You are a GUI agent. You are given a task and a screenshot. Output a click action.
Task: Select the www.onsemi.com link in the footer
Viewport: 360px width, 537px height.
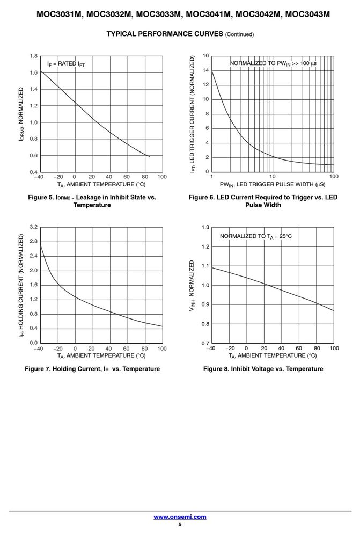(180, 517)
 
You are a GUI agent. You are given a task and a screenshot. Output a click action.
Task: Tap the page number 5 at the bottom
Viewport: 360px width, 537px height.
(180, 524)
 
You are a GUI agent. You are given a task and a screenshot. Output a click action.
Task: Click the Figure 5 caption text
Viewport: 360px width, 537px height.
(92, 201)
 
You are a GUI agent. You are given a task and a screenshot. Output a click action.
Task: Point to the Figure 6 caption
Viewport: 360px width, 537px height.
(263, 201)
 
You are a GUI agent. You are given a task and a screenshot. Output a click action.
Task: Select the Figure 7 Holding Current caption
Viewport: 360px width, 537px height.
(92, 369)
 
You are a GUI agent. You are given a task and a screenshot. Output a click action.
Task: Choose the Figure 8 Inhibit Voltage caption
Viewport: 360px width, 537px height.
(263, 369)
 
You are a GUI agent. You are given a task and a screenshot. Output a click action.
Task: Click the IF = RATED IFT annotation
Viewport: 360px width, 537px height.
(66, 64)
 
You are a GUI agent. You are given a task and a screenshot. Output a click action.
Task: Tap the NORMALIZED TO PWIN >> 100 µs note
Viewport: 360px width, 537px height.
(273, 63)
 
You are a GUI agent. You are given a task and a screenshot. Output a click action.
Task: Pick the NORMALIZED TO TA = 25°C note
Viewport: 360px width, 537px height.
(255, 236)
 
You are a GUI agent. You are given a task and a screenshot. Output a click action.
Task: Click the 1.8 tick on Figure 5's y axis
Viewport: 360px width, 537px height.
(34, 56)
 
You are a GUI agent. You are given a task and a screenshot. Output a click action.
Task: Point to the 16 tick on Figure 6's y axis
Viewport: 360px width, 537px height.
(205, 56)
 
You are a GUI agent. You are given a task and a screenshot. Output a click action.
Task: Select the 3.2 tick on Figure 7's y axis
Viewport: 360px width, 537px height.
(34, 227)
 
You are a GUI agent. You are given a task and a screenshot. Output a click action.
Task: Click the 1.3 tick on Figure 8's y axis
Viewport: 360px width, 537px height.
(205, 227)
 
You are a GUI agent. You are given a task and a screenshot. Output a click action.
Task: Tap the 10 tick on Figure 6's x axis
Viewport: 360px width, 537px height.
(272, 176)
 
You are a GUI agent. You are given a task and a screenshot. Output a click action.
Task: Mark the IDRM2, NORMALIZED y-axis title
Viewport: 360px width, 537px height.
(21, 114)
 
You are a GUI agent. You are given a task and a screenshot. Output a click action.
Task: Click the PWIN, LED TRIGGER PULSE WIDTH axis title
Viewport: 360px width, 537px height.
(273, 185)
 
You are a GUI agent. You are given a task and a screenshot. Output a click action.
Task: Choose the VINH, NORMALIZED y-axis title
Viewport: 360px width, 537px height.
(192, 286)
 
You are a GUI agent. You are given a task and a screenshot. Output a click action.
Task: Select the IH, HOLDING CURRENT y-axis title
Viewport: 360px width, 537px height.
(21, 285)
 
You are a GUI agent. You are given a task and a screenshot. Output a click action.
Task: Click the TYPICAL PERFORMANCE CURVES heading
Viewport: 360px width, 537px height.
(180, 34)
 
